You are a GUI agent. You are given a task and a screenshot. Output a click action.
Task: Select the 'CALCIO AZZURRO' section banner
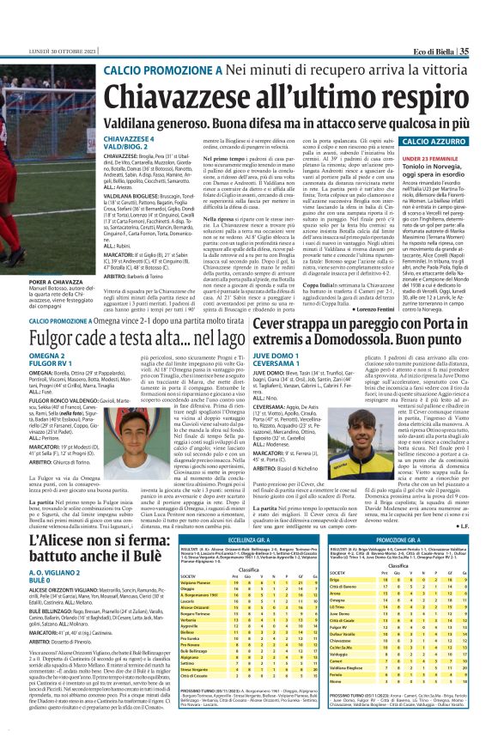coord(433,141)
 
